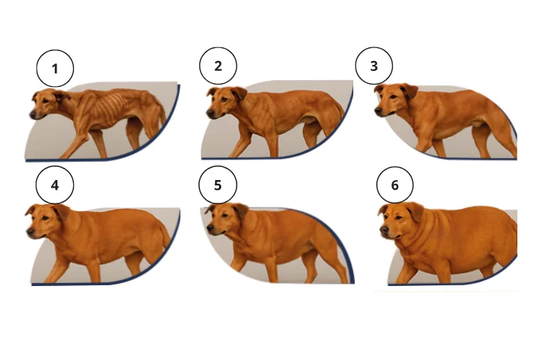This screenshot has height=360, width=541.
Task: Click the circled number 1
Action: click(55, 69)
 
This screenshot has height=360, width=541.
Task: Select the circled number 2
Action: click(218, 66)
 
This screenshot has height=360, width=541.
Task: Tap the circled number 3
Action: click(374, 66)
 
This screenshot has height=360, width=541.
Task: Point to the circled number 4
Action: click(55, 185)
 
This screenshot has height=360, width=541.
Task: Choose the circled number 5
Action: click(217, 185)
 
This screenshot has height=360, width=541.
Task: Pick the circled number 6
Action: click(395, 185)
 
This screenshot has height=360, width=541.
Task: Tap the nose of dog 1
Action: click(33, 115)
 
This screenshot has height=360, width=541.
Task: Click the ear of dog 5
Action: click(240, 211)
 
